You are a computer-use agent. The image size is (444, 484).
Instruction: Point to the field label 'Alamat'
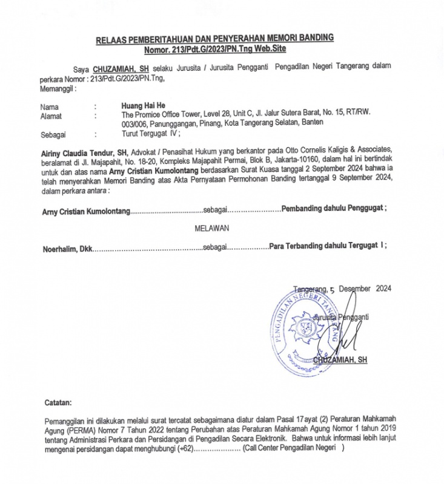click(51, 115)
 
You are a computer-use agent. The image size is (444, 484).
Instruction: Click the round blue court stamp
click(303, 327)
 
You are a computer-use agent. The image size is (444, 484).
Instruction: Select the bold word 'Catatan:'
click(58, 402)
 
